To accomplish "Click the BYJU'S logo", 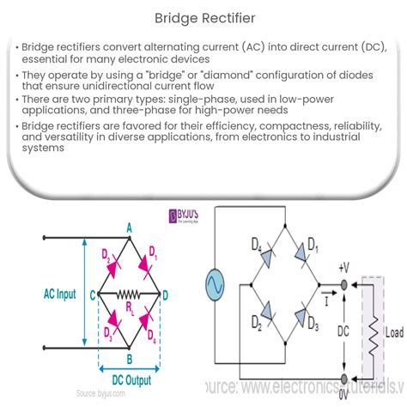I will [x=184, y=216].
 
